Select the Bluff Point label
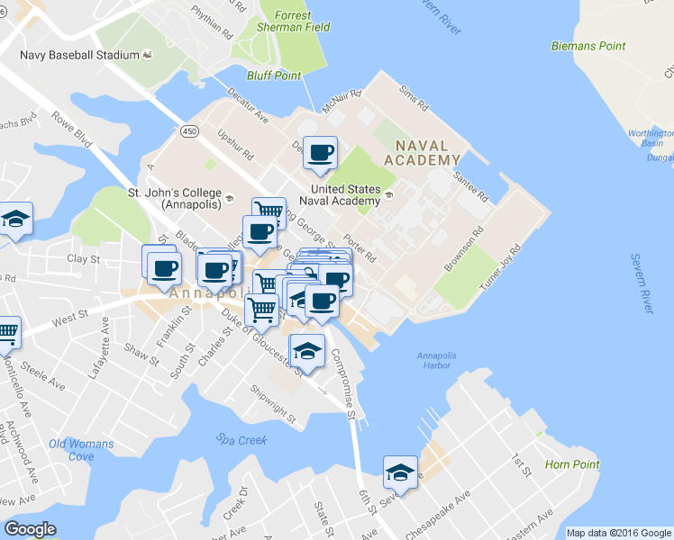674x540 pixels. (x=275, y=76)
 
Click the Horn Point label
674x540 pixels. (x=571, y=465)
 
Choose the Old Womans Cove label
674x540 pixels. (x=81, y=450)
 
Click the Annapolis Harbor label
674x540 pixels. (x=436, y=361)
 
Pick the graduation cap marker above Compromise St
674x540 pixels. (x=306, y=351)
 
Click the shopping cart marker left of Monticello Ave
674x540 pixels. (x=7, y=332)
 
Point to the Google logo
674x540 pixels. (x=30, y=529)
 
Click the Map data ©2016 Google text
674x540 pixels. (x=619, y=533)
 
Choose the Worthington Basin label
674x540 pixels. (x=651, y=139)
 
